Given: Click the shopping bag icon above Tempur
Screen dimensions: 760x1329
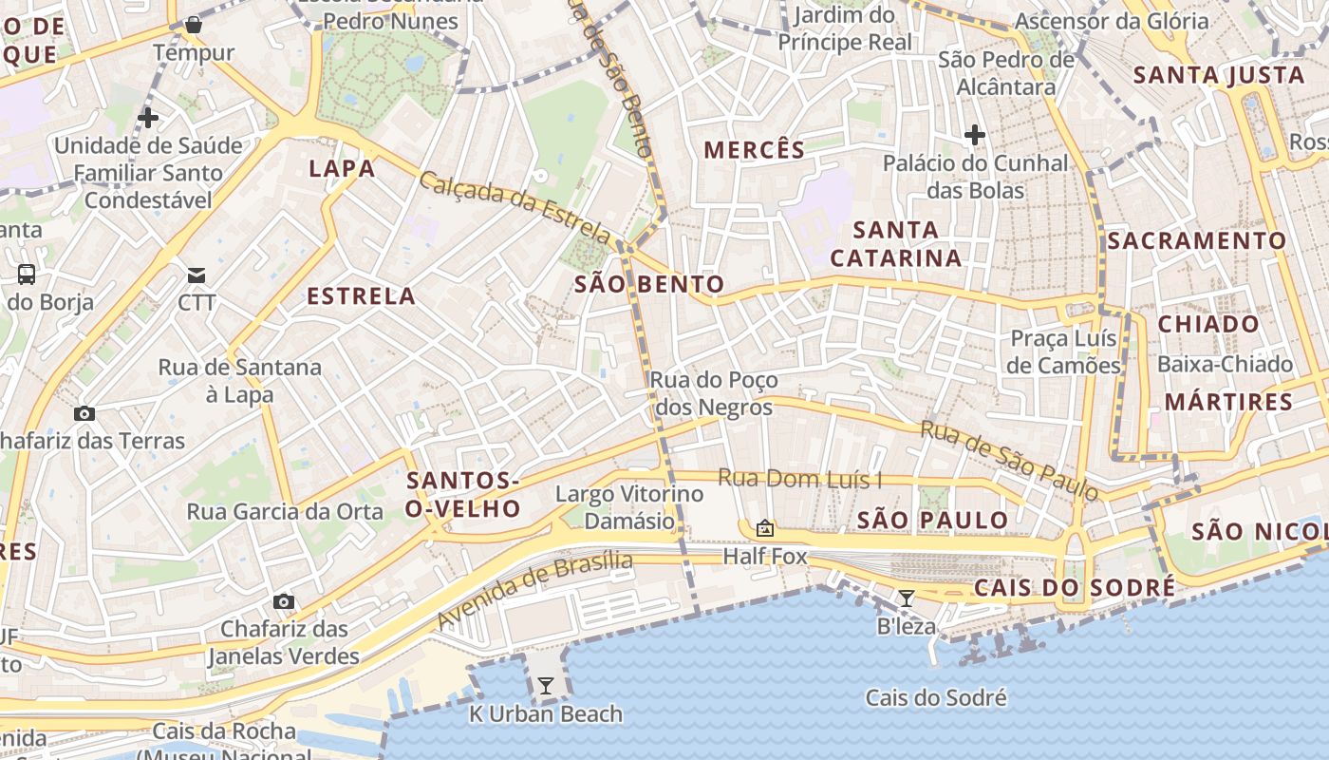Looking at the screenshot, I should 194,25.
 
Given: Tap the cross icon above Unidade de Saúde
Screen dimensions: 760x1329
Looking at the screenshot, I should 148,118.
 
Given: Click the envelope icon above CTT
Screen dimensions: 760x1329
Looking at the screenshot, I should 197,275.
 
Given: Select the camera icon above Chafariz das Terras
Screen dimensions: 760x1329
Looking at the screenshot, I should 84,413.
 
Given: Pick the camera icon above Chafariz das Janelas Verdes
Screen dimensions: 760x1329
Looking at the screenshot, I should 283,601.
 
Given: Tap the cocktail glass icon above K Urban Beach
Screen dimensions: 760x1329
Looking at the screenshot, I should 546,685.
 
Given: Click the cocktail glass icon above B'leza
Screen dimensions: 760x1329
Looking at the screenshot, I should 907,598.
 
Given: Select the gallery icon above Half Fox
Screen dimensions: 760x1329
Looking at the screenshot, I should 765,528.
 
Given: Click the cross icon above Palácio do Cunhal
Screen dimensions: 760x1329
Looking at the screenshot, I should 974,135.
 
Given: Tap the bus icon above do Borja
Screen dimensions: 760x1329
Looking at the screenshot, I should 27,275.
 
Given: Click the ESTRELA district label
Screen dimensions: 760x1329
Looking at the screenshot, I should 362,296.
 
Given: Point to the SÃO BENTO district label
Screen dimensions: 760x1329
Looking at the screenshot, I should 649,284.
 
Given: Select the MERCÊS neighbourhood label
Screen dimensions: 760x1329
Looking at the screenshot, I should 755,150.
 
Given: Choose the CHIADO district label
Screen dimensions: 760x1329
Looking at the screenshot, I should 1208,324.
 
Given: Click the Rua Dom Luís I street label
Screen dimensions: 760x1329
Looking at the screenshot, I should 799,479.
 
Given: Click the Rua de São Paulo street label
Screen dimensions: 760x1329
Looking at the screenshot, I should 1010,461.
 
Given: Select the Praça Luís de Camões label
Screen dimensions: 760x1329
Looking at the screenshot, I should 1064,352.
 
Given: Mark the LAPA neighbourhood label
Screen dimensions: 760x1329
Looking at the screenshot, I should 342,169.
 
